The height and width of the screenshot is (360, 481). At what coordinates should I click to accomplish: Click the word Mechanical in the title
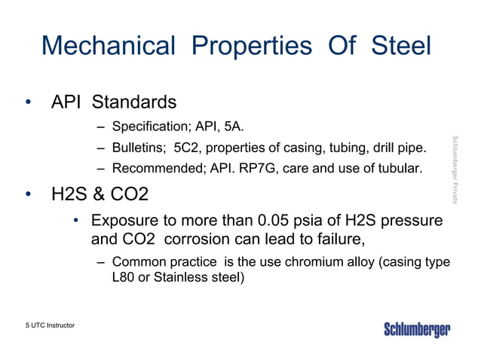(109, 46)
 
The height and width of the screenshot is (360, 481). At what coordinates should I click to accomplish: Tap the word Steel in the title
(401, 46)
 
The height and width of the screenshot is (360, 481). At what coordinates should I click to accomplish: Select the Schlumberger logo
(417, 330)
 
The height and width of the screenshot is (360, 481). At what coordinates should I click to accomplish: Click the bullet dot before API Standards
(28, 102)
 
